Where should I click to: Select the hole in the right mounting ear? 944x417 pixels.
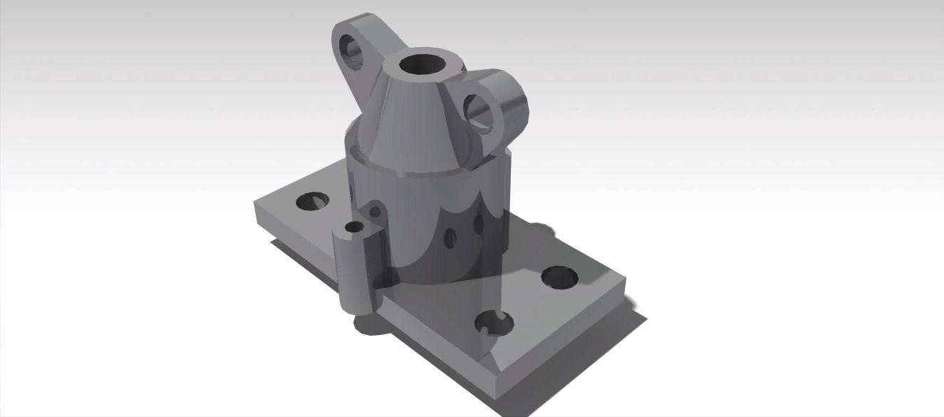pyautogui.click(x=479, y=113)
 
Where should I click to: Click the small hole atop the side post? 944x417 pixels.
pyautogui.click(x=354, y=227)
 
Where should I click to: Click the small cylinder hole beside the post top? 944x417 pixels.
pyautogui.click(x=375, y=209)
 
